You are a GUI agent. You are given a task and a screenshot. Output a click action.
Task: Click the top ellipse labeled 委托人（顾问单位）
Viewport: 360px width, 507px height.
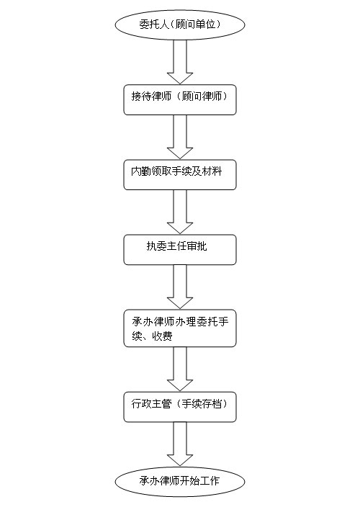180,24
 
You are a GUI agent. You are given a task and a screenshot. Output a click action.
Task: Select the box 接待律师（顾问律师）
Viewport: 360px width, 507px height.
180,99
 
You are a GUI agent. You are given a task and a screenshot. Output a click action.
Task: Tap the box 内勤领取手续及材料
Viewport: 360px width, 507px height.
180,174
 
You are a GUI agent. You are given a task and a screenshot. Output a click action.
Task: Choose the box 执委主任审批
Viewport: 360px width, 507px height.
180,250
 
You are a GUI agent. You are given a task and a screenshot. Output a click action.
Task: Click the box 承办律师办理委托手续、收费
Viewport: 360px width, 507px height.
180,328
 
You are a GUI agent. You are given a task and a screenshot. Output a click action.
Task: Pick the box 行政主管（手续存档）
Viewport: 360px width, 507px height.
180,407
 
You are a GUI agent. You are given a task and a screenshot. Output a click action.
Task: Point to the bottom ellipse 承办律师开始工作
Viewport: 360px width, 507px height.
180,482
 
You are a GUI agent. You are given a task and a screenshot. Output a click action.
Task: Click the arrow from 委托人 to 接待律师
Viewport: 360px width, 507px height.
180,62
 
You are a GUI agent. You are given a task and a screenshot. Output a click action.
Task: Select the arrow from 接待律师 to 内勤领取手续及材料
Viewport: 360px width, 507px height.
180,137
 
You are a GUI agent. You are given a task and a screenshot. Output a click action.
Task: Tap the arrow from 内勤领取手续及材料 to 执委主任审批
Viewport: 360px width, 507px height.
180,212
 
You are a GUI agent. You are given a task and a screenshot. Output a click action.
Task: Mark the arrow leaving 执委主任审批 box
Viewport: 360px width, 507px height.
180,287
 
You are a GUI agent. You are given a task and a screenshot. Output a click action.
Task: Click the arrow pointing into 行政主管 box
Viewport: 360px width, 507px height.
180,369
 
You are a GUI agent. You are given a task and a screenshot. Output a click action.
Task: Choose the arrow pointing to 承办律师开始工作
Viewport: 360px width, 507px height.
180,444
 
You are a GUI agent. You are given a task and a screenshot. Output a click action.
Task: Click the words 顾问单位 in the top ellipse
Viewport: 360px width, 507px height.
195,24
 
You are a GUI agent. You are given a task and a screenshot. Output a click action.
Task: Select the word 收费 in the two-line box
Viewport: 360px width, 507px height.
163,336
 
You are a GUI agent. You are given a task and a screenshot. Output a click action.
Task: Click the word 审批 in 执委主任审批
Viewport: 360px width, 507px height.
197,246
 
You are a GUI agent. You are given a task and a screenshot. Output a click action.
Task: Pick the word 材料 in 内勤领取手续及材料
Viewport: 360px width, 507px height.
212,171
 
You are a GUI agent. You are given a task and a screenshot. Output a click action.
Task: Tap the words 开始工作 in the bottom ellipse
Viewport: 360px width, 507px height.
200,481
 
